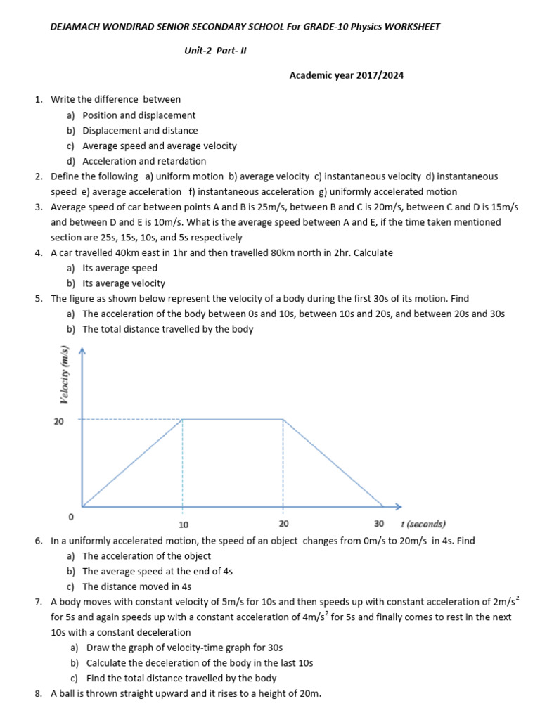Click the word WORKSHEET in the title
coord(410,27)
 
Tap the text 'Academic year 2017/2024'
coord(347,75)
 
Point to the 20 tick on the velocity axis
coord(60,420)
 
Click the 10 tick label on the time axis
coord(184,525)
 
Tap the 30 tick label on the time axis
coord(379,524)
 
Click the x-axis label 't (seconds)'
coord(423,524)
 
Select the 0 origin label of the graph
coord(70,517)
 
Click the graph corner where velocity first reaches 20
coord(183,419)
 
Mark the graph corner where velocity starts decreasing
coord(283,419)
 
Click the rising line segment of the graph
coord(133,463)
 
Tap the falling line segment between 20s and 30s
coord(333,463)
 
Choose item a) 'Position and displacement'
coord(139,115)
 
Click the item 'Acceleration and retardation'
coord(144,161)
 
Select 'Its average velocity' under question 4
coord(124,283)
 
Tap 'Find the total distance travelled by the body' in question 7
coord(181,679)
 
